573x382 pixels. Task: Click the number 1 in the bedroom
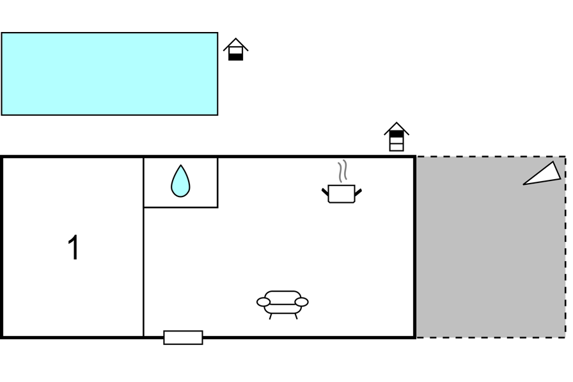(x=74, y=248)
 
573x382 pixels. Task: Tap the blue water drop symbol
(x=180, y=182)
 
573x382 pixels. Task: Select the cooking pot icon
(x=341, y=194)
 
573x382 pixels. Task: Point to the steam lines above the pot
(x=343, y=170)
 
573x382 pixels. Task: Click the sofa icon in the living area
(x=283, y=302)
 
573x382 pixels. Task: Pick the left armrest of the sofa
(x=263, y=302)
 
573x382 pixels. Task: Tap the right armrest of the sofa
(x=302, y=302)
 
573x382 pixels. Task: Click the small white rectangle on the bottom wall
(x=183, y=337)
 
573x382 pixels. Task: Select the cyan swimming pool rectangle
(x=109, y=74)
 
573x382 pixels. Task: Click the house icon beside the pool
(x=235, y=50)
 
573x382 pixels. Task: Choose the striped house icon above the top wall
(x=396, y=137)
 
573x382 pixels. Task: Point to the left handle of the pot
(x=325, y=191)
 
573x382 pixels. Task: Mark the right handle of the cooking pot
(x=358, y=191)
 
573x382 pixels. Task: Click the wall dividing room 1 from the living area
(x=143, y=256)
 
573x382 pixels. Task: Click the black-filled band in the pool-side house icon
(x=235, y=56)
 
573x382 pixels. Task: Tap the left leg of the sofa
(x=271, y=316)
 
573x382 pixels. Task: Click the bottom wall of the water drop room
(x=180, y=207)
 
